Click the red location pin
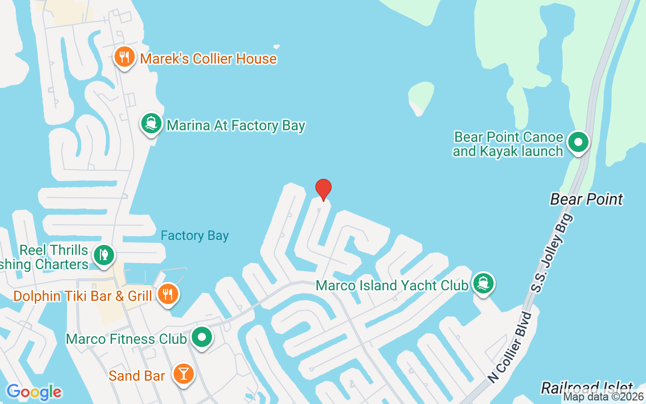click(x=323, y=189)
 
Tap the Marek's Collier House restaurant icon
click(x=124, y=57)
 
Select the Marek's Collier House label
click(x=208, y=59)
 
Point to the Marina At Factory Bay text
click(x=236, y=125)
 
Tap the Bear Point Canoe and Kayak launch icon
click(x=578, y=142)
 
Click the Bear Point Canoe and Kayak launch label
click(x=508, y=144)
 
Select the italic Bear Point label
click(x=586, y=199)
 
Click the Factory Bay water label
click(x=194, y=236)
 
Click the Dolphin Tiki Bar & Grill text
click(x=83, y=296)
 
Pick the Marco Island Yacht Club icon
click(x=483, y=283)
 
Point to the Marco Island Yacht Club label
click(x=392, y=285)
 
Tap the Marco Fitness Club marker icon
click(x=202, y=337)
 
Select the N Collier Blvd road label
click(x=510, y=347)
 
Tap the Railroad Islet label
click(x=586, y=388)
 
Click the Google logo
click(x=34, y=392)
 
